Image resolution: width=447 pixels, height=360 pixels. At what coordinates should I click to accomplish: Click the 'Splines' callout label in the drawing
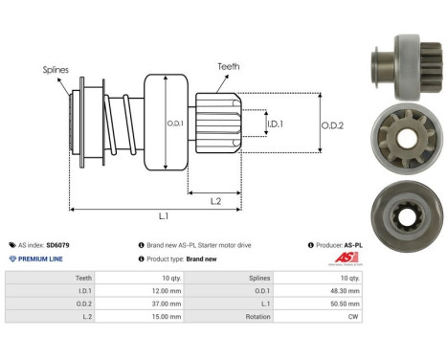tap(55, 70)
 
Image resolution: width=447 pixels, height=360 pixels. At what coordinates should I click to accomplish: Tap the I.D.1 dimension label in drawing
tap(274, 124)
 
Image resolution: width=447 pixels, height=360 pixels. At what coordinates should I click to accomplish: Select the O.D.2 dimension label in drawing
tap(331, 124)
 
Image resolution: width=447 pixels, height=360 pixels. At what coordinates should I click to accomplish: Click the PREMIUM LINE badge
tap(38, 259)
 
